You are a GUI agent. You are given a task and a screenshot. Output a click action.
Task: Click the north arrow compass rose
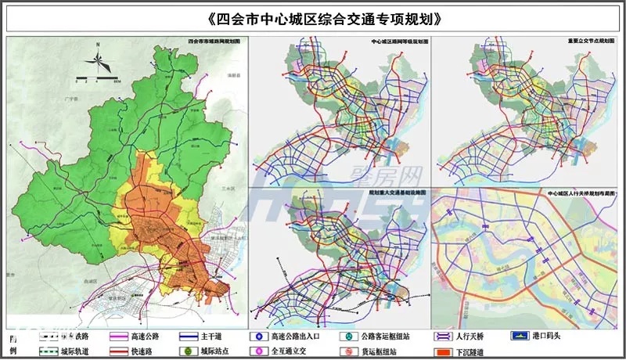98,59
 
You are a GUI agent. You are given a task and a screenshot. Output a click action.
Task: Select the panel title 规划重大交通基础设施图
401,193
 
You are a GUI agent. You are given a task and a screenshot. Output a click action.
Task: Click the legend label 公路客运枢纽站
389,337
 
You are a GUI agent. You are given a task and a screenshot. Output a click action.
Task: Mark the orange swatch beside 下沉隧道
441,351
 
